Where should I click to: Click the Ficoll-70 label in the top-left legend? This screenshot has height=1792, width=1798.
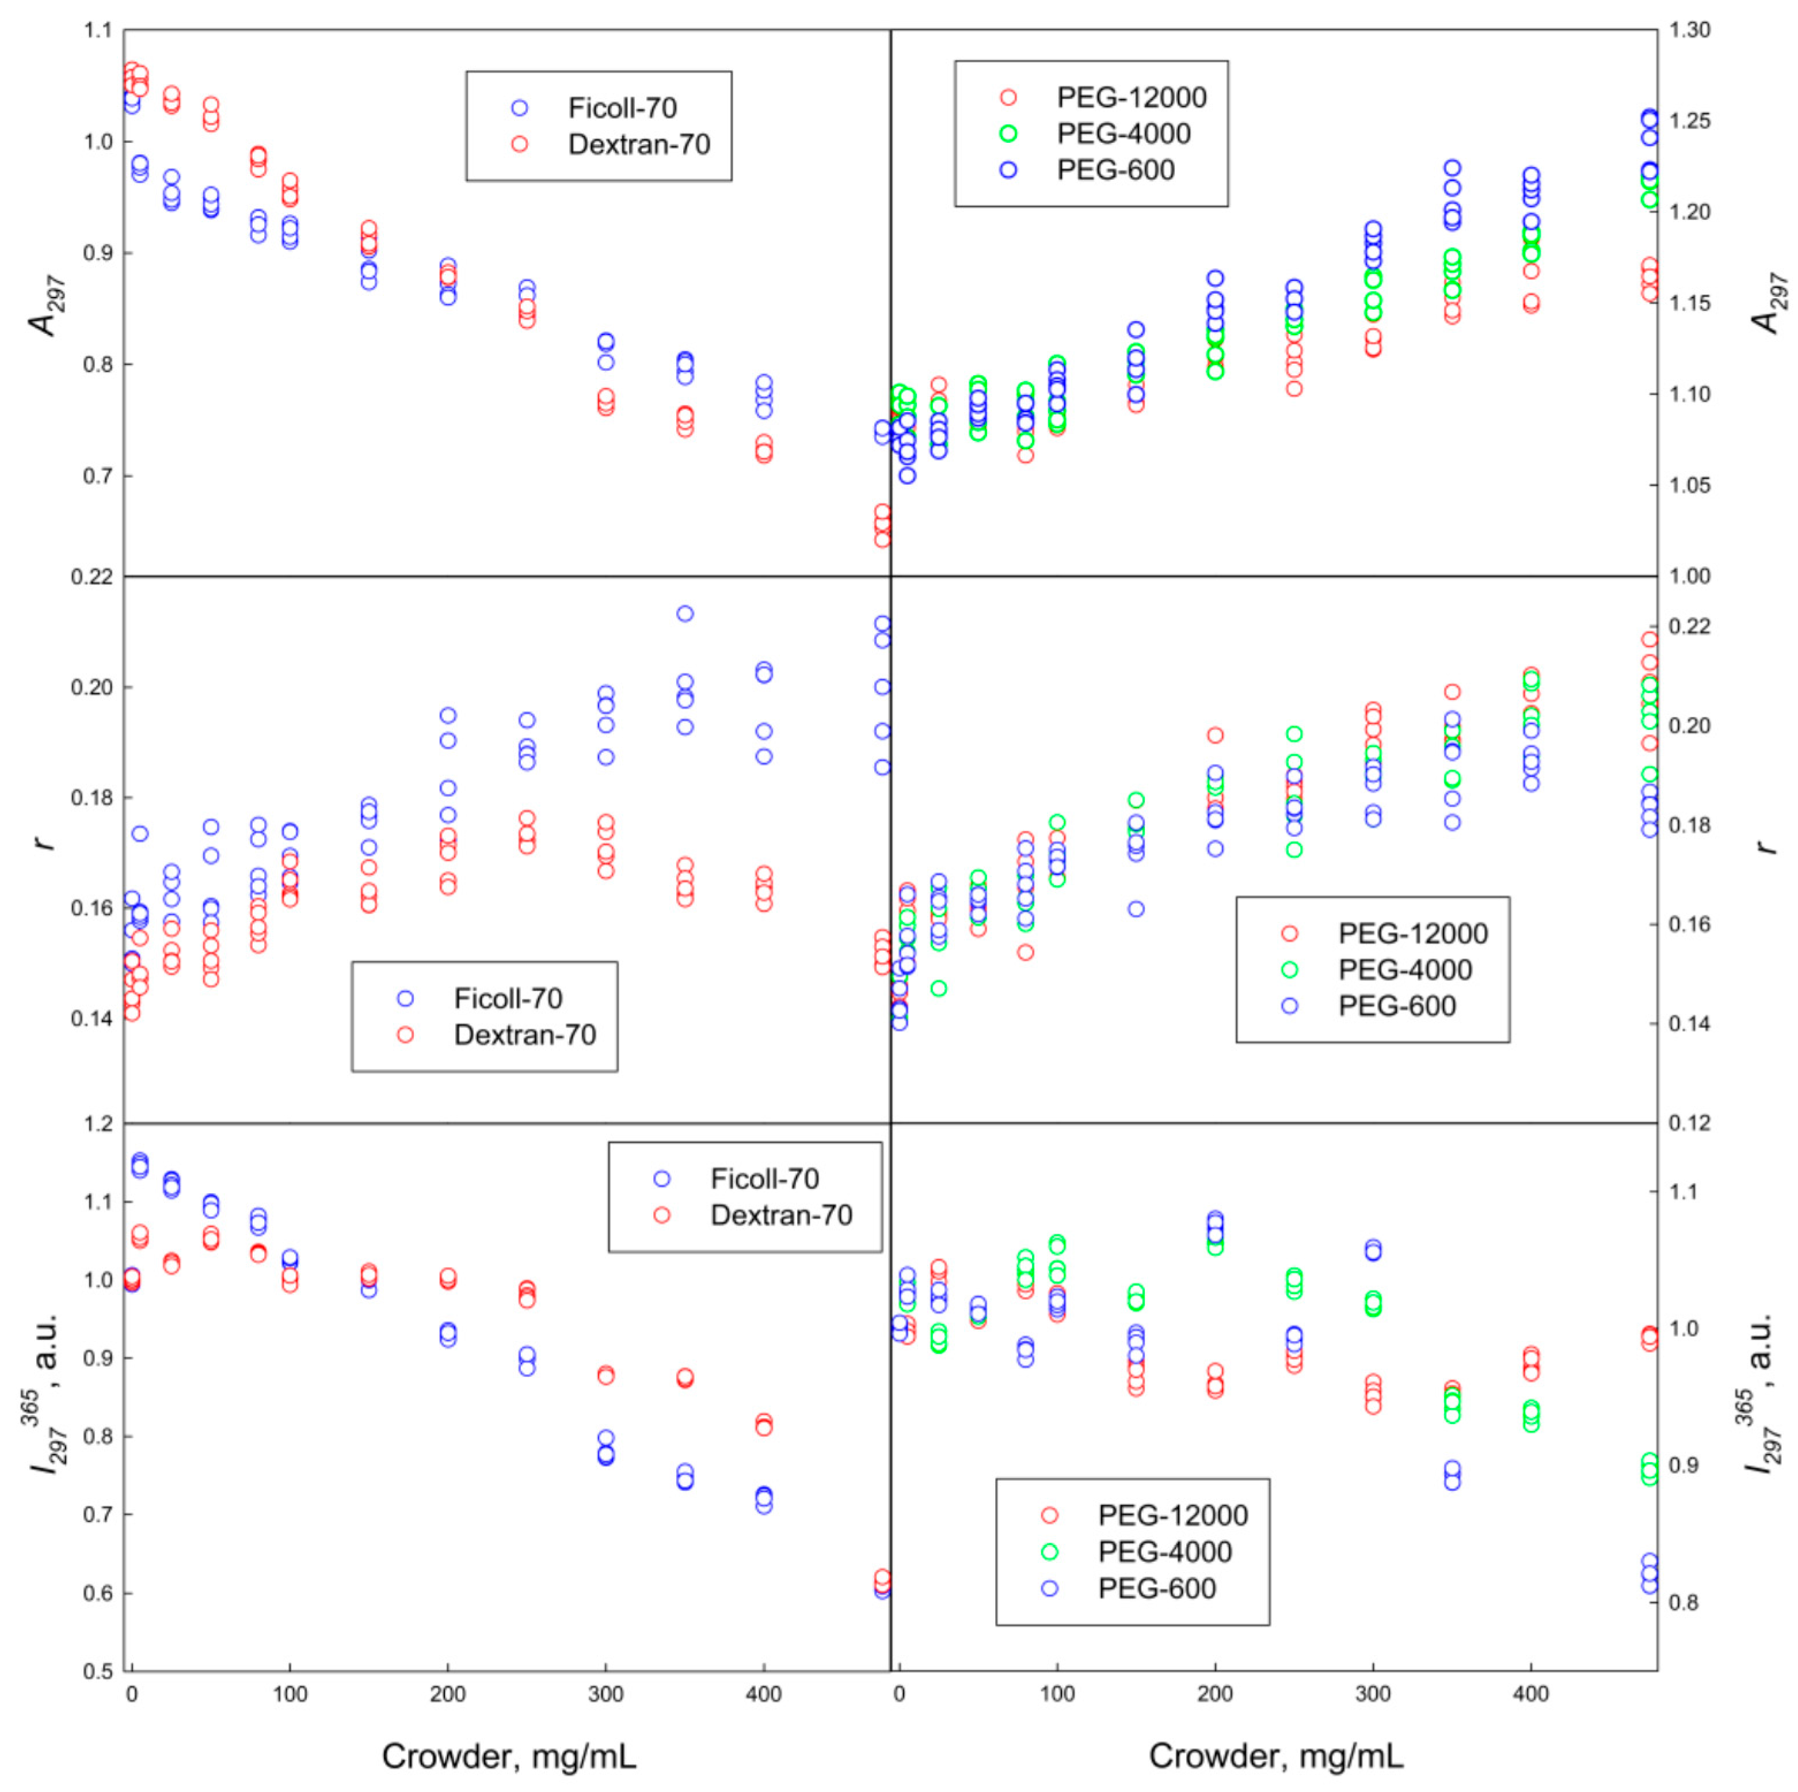(x=622, y=108)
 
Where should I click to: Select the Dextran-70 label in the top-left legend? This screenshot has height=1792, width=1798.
(x=638, y=144)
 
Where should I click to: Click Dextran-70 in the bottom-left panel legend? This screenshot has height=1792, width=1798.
(x=781, y=1215)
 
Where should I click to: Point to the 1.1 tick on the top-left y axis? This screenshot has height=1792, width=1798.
(x=97, y=31)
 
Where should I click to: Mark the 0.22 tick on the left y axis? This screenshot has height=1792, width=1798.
(x=91, y=577)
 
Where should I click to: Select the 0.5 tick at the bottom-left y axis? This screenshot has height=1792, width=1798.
(x=97, y=1671)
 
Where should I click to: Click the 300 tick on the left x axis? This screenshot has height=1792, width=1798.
(x=606, y=1694)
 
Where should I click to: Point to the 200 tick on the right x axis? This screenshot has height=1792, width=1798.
(x=1214, y=1694)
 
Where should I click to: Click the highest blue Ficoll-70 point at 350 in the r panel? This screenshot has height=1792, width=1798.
(x=685, y=614)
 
